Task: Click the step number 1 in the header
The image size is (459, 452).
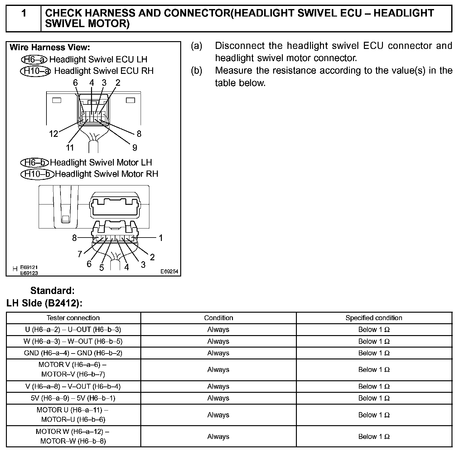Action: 24,13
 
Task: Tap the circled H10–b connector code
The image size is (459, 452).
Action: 37,174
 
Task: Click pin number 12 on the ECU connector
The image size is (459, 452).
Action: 54,134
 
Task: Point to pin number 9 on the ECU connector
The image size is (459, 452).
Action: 135,147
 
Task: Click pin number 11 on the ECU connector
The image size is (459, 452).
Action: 70,147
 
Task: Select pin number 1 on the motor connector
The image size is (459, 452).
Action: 161,238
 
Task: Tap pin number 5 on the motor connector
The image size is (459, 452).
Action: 102,268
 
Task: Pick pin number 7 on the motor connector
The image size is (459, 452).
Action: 80,254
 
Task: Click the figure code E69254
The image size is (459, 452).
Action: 169,272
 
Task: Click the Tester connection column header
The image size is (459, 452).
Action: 73,318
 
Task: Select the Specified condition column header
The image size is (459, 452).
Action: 374,318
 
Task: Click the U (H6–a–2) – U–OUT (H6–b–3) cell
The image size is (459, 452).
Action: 73,329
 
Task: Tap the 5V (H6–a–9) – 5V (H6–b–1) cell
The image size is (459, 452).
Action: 73,398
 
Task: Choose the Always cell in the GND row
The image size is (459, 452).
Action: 218,353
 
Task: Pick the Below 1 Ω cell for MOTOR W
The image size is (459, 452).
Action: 374,436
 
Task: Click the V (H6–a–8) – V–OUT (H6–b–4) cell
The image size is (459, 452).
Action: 73,387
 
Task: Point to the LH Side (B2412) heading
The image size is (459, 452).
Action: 44,303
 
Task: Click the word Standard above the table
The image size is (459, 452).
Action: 52,291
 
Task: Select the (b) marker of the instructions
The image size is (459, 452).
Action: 196,70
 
